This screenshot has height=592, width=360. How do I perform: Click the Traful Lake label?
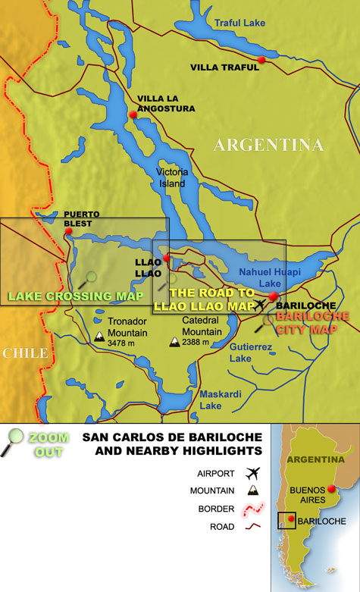[x=239, y=23]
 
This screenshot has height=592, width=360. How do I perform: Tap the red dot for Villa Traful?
[x=261, y=59]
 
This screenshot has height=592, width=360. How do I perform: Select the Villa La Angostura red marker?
[x=133, y=114]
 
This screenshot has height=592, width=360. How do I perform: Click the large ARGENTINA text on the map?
[x=268, y=145]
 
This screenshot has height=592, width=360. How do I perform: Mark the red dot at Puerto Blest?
[x=67, y=233]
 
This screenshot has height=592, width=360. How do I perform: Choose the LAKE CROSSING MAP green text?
[x=80, y=296]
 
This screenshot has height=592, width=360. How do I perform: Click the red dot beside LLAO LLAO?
[x=166, y=259]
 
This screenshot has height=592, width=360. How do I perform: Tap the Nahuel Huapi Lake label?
[x=260, y=277]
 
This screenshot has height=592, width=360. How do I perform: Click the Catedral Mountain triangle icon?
[x=174, y=342]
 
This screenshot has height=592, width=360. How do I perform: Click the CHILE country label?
[x=24, y=353]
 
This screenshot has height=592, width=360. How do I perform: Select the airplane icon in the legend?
[x=252, y=473]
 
